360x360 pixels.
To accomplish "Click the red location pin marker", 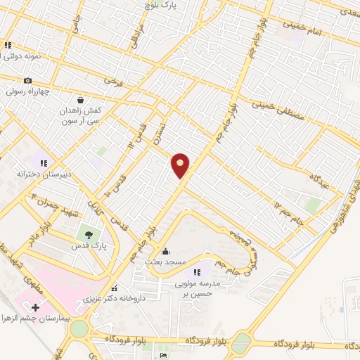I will pyautogui.click(x=181, y=165).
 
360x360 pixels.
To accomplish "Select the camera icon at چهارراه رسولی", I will pyautogui.click(x=28, y=81).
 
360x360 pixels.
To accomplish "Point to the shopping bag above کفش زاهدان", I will pyautogui.click(x=82, y=100).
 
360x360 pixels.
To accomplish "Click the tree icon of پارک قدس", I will pyautogui.click(x=88, y=236).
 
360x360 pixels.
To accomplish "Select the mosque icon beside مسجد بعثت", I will pyautogui.click(x=166, y=252).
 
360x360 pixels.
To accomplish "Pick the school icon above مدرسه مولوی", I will pyautogui.click(x=198, y=272).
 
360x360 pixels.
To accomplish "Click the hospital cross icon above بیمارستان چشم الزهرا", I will pyautogui.click(x=36, y=307).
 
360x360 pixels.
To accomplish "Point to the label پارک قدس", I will pyautogui.click(x=89, y=247).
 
